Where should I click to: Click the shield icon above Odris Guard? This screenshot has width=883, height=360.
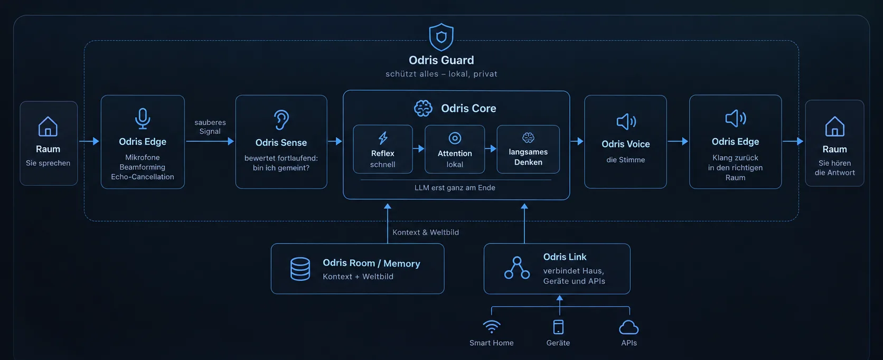pyautogui.click(x=441, y=37)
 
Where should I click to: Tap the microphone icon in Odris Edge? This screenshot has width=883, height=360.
pyautogui.click(x=142, y=119)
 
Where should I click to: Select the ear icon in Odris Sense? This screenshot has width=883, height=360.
pyautogui.click(x=281, y=120)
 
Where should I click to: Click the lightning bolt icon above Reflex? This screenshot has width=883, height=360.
pyautogui.click(x=383, y=138)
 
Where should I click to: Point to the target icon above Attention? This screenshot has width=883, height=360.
pyautogui.click(x=455, y=138)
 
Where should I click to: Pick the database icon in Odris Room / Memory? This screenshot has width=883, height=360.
pyautogui.click(x=300, y=269)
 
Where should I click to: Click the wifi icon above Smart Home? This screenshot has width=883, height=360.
pyautogui.click(x=492, y=327)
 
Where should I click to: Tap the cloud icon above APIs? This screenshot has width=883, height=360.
pyautogui.click(x=629, y=327)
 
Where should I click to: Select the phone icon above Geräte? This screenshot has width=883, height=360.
pyautogui.click(x=558, y=327)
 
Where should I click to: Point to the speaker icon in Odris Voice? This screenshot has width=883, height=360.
pyautogui.click(x=626, y=122)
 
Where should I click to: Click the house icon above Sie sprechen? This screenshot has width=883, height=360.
pyautogui.click(x=48, y=127)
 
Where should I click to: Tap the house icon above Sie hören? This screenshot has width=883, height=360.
pyautogui.click(x=834, y=127)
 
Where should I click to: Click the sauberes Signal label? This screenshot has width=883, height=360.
pyautogui.click(x=210, y=127)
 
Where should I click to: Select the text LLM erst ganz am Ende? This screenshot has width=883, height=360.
pyautogui.click(x=455, y=188)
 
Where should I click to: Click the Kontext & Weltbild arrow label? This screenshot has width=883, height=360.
pyautogui.click(x=426, y=232)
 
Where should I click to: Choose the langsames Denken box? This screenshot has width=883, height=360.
pyautogui.click(x=528, y=149)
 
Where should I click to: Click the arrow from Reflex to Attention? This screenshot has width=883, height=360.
pyautogui.click(x=419, y=149)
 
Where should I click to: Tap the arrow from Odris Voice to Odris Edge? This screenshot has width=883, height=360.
pyautogui.click(x=678, y=141)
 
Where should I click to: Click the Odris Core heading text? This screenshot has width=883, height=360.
pyautogui.click(x=468, y=108)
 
